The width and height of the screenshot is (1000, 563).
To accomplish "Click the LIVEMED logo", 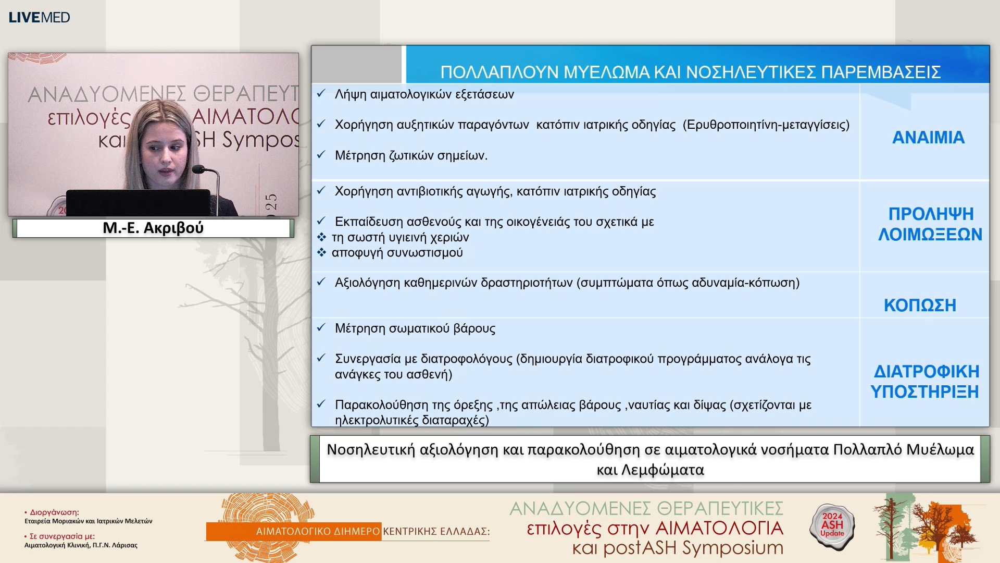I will [x=39, y=17].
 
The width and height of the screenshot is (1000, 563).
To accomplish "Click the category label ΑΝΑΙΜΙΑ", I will [x=928, y=138].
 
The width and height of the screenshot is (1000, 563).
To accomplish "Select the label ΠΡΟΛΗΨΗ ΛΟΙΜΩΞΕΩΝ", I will [x=930, y=224].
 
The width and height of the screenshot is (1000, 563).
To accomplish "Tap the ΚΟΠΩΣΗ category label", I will [x=920, y=305].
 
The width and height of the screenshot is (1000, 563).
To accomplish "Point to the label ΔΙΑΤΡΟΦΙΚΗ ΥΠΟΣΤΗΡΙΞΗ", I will [x=926, y=381].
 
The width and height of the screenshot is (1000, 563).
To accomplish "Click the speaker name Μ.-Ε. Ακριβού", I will [x=153, y=228].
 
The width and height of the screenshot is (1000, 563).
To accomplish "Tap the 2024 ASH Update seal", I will [x=832, y=525].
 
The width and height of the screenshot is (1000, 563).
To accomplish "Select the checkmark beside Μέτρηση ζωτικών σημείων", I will [x=321, y=155].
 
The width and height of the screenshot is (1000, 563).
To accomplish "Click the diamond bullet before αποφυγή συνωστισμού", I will [x=321, y=253].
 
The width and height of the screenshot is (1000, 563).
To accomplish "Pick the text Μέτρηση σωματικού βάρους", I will [x=415, y=328].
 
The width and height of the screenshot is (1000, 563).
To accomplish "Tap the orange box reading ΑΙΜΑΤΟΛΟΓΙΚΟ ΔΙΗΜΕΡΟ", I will [x=294, y=531].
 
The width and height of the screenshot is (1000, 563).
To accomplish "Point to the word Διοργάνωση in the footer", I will [x=54, y=512].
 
